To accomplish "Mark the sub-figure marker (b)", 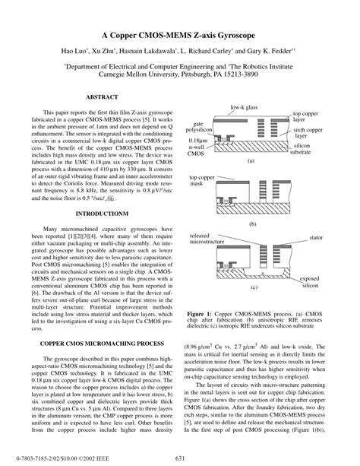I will (251, 224).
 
